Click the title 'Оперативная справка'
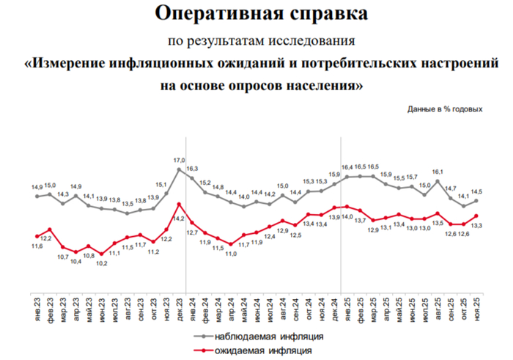(256, 14)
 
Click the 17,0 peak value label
(179, 159)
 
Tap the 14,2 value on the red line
(177, 218)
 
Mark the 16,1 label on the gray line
(438, 172)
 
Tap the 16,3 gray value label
(192, 169)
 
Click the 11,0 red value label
(230, 254)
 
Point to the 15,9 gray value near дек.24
(333, 175)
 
